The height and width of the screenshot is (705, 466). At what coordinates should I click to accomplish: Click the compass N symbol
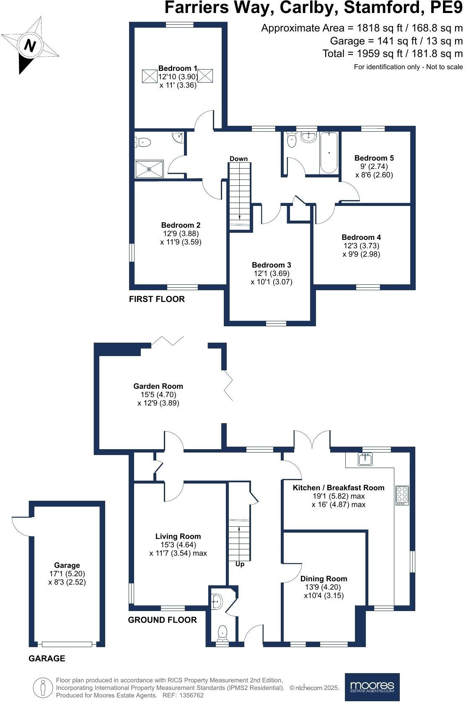pyautogui.click(x=29, y=45)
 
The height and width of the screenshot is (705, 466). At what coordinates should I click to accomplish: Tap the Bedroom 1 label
pyautogui.click(x=178, y=68)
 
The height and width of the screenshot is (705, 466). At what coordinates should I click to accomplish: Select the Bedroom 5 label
pyautogui.click(x=374, y=158)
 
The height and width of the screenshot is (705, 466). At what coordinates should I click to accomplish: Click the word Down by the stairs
pyautogui.click(x=238, y=159)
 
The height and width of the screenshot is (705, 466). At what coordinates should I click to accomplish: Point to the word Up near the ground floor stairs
pyautogui.click(x=240, y=564)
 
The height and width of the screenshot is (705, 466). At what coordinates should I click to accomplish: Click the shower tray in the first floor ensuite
pyautogui.click(x=149, y=169)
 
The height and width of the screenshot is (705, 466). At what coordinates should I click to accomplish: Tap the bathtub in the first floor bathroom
pyautogui.click(x=329, y=153)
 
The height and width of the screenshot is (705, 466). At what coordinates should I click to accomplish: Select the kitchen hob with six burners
pyautogui.click(x=402, y=495)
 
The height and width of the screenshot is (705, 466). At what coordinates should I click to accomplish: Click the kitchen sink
pyautogui.click(x=365, y=460)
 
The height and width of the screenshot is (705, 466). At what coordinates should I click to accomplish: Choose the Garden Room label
pyautogui.click(x=158, y=386)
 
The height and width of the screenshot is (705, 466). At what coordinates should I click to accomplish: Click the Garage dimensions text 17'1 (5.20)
pyautogui.click(x=67, y=574)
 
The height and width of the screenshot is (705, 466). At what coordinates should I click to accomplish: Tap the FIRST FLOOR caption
pyautogui.click(x=157, y=299)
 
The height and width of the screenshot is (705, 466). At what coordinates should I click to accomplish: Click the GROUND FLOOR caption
pyautogui.click(x=162, y=620)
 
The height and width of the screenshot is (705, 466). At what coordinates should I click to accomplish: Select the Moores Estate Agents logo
pyautogui.click(x=372, y=687)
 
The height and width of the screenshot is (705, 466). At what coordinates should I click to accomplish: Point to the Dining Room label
pyautogui.click(x=324, y=579)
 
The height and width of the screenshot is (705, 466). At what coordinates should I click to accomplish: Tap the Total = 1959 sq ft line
pyautogui.click(x=392, y=54)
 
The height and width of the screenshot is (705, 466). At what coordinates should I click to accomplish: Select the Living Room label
pyautogui.click(x=178, y=536)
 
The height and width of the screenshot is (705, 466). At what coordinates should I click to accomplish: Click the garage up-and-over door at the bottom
pyautogui.click(x=67, y=644)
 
